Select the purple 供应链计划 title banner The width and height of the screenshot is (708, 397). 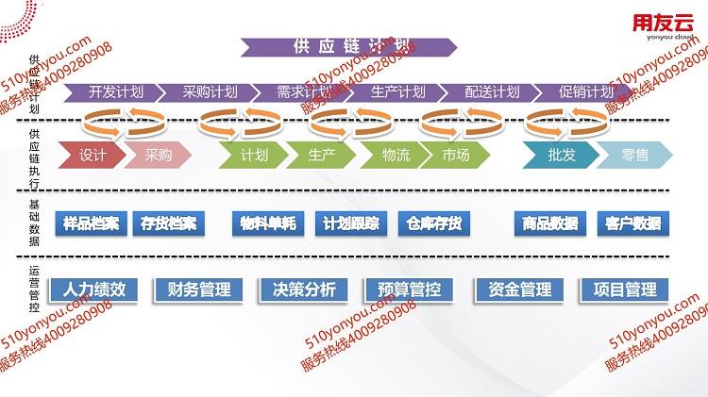[x=350, y=47]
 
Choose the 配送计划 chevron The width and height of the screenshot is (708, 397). [x=492, y=92]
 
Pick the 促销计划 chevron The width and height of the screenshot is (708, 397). [x=585, y=92]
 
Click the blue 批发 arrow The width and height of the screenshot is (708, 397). [x=561, y=156]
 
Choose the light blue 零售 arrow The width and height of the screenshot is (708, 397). [x=633, y=156]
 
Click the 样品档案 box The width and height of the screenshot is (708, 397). [x=91, y=223]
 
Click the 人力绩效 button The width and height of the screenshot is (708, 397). [x=94, y=289]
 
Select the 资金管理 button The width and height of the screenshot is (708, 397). [x=520, y=289]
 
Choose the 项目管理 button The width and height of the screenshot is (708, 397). [x=625, y=289]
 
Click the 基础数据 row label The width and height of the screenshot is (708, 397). [x=35, y=223]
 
